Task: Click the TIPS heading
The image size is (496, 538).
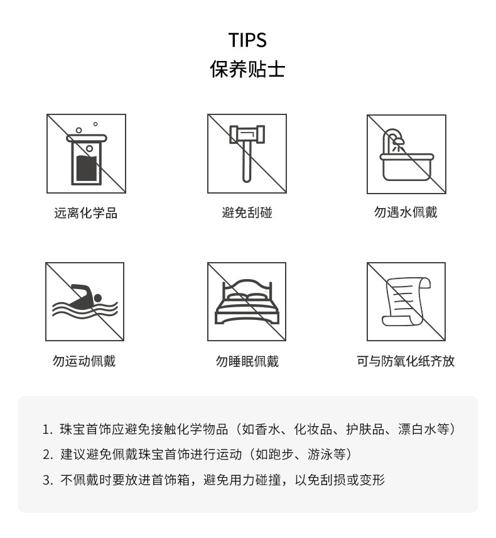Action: (247, 40)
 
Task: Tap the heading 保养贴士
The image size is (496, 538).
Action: (247, 69)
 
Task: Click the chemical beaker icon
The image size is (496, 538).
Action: (86, 154)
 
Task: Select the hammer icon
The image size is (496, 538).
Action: (247, 154)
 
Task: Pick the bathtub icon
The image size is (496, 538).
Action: (406, 154)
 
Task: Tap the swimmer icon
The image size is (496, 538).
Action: (85, 302)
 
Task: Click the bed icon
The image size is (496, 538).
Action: (247, 302)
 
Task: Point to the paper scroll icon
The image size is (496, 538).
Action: (406, 302)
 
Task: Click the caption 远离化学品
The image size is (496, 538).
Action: (86, 213)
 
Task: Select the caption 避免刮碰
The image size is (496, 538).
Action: (247, 213)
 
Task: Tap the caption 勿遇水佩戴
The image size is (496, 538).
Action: (406, 212)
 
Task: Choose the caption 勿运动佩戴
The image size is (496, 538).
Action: (84, 361)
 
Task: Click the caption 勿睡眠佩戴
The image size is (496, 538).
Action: (247, 361)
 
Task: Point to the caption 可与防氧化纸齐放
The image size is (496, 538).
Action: (406, 361)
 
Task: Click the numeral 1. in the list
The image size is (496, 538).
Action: (47, 430)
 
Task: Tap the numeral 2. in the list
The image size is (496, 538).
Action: (47, 454)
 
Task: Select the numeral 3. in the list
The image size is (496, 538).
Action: (47, 480)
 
